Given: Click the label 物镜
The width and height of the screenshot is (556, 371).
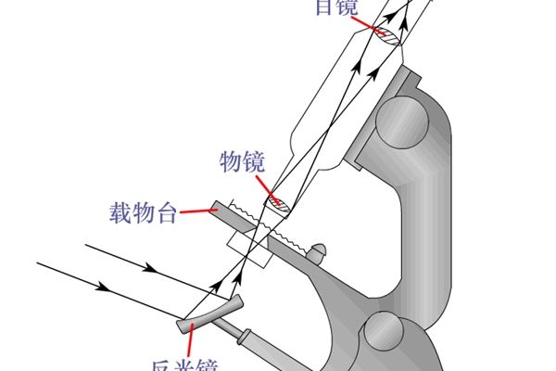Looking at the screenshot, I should pos(242,162).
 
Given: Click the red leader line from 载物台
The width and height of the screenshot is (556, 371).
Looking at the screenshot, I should pos(196,211).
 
